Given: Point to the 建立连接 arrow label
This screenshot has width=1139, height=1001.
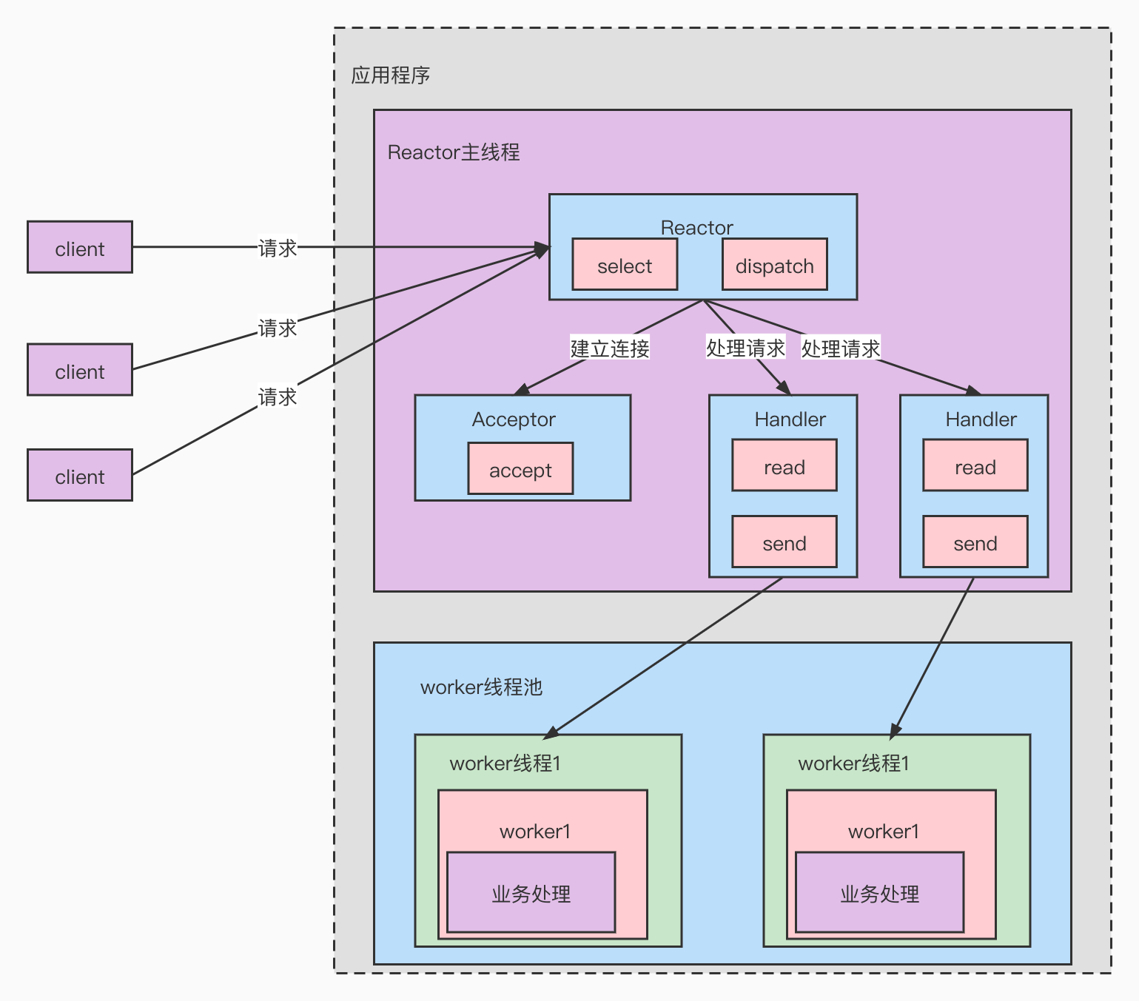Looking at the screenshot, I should point(609,348).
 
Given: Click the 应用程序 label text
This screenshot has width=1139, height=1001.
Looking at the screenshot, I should point(390,75).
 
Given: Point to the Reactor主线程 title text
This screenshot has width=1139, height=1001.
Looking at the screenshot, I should point(453,152).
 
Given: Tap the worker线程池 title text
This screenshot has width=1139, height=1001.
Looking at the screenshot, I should point(481,687).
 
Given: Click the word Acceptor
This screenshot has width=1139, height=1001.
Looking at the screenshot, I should point(514,419).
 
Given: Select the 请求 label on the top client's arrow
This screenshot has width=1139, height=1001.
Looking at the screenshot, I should point(278,248).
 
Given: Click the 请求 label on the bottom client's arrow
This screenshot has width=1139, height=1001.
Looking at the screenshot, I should point(278,397).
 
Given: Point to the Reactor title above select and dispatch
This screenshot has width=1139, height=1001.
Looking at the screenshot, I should point(696,227).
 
